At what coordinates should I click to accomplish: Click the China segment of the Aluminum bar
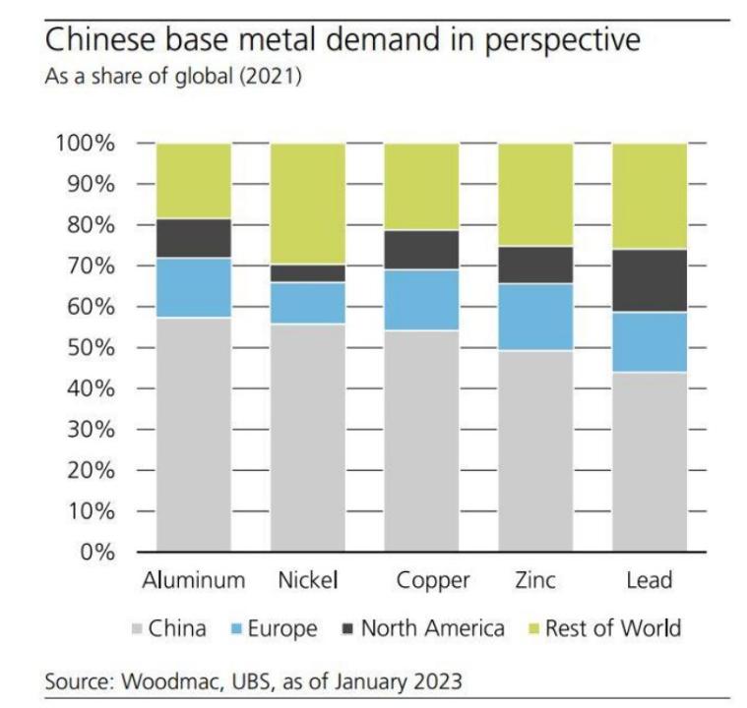tap(194, 434)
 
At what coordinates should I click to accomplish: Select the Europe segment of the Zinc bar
tap(535, 317)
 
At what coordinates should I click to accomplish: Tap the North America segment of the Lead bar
tap(650, 280)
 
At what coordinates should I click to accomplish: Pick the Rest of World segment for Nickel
tap(307, 204)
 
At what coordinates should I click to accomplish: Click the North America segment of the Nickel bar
tap(307, 273)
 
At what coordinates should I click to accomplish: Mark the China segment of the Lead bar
tap(650, 461)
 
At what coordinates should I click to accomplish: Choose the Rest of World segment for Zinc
tap(535, 195)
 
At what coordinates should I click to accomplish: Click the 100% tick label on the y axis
tap(84, 144)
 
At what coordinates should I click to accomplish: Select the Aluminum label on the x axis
tap(193, 580)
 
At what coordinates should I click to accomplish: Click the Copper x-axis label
tap(432, 580)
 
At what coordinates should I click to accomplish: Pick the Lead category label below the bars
tap(650, 580)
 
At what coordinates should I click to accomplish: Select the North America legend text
tap(432, 628)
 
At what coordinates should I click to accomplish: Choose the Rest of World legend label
tap(613, 628)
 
